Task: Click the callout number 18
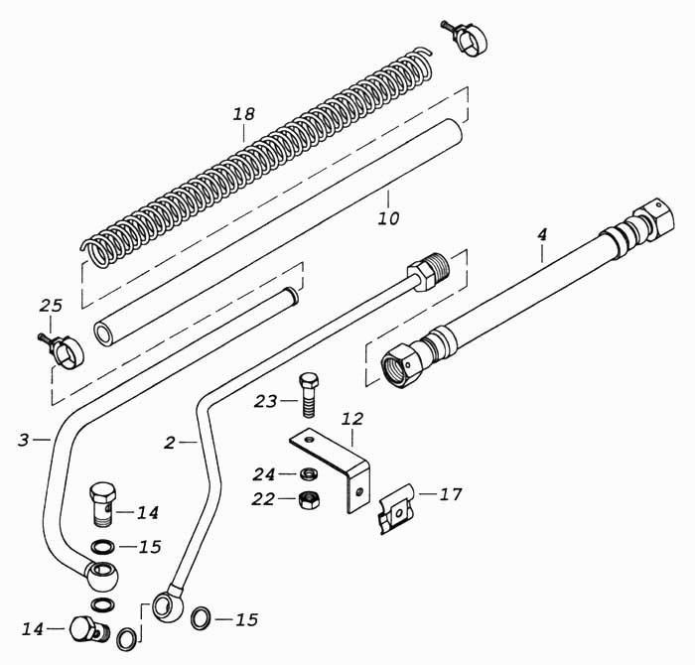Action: click(244, 114)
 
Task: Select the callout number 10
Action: click(389, 218)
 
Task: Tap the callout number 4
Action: click(542, 235)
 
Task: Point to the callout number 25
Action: click(51, 306)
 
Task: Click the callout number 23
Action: click(265, 401)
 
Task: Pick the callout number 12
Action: click(352, 419)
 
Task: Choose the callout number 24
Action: click(264, 474)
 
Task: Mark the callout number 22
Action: click(263, 499)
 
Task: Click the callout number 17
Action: click(451, 494)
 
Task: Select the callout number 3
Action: click(24, 440)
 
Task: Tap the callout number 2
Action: click(170, 443)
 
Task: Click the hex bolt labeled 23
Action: click(309, 395)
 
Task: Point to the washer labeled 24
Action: click(309, 474)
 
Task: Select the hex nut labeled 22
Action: click(309, 500)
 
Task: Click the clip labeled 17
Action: click(397, 509)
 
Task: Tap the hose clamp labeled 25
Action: click(62, 350)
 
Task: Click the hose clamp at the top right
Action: click(466, 37)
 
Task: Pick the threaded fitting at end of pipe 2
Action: click(428, 271)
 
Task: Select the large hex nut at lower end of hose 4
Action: click(401, 364)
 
